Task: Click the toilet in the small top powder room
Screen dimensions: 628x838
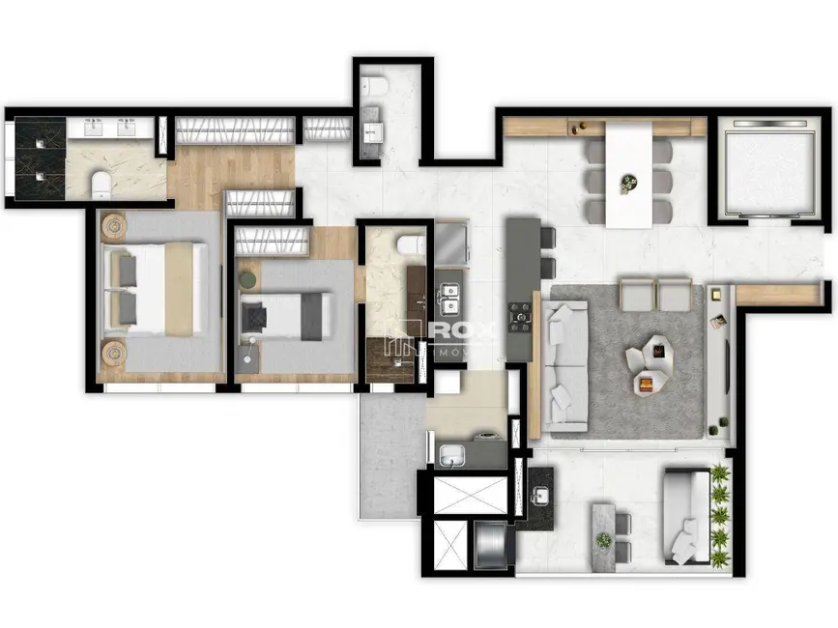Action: coord(374,88)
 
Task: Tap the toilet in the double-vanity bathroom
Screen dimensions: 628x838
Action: coord(99,183)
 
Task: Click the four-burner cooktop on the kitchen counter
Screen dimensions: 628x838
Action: coord(521,314)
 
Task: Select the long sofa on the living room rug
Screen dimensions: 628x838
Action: coord(564,365)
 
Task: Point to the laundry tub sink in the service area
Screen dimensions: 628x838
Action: coord(451,455)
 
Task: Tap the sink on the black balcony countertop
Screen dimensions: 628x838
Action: coord(541,496)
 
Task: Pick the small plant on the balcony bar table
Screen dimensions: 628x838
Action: coord(605,539)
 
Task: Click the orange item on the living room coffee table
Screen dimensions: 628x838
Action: coord(644,385)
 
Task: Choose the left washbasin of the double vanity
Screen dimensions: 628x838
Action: coord(94,127)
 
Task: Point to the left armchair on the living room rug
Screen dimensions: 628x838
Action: coord(637,295)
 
